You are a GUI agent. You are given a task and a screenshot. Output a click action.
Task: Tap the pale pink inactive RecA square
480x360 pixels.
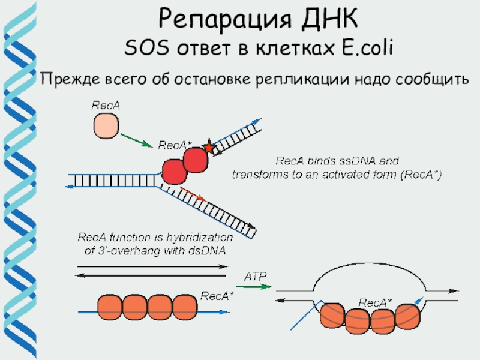(x=106, y=127)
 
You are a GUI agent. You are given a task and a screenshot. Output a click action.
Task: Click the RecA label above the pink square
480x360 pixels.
(x=106, y=106)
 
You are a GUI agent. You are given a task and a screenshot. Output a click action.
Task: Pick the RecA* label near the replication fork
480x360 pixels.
(x=175, y=146)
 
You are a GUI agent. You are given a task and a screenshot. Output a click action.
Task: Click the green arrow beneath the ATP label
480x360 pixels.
(x=256, y=287)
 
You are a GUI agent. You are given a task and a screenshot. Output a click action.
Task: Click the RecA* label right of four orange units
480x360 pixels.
(x=217, y=296)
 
